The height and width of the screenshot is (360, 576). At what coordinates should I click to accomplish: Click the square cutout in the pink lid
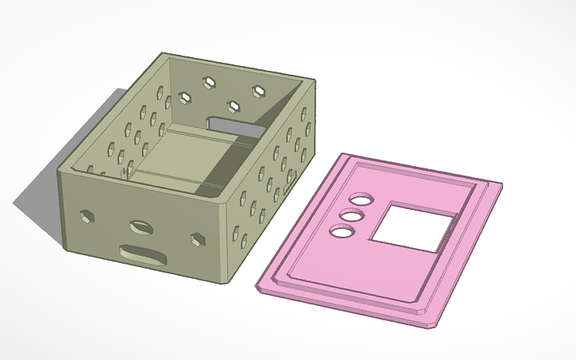[412, 226]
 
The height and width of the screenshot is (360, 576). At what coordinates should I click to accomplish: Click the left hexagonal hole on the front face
[85, 215]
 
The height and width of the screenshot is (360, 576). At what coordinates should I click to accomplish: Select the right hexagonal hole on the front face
[197, 238]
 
